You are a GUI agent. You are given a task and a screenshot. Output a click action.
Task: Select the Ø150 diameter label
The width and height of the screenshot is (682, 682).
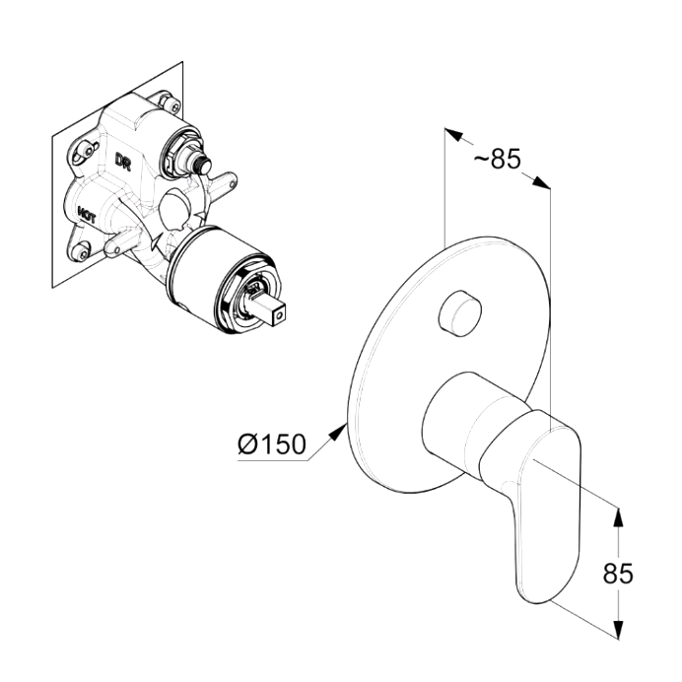pos(272,443)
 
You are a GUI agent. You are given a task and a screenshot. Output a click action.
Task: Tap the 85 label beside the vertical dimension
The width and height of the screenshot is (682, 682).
pos(618,574)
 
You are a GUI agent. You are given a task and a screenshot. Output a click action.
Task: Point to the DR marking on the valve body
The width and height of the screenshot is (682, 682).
pos(123,161)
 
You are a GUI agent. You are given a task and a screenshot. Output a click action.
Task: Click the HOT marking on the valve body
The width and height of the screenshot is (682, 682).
pos(87,215)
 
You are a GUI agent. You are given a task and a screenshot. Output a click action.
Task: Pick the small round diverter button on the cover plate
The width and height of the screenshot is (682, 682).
pos(460,313)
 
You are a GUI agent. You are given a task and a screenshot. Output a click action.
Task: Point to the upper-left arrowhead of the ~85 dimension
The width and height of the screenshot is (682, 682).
pos(453,134)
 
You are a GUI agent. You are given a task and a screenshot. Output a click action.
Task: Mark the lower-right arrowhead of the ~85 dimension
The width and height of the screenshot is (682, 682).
pos(542,182)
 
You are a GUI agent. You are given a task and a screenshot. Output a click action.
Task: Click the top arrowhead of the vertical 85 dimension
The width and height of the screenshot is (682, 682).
pos(619,518)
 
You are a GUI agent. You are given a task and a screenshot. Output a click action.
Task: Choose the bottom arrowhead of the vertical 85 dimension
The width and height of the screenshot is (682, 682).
pos(619,628)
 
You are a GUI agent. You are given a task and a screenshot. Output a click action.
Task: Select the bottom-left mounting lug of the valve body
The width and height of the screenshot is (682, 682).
pos(79,250)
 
